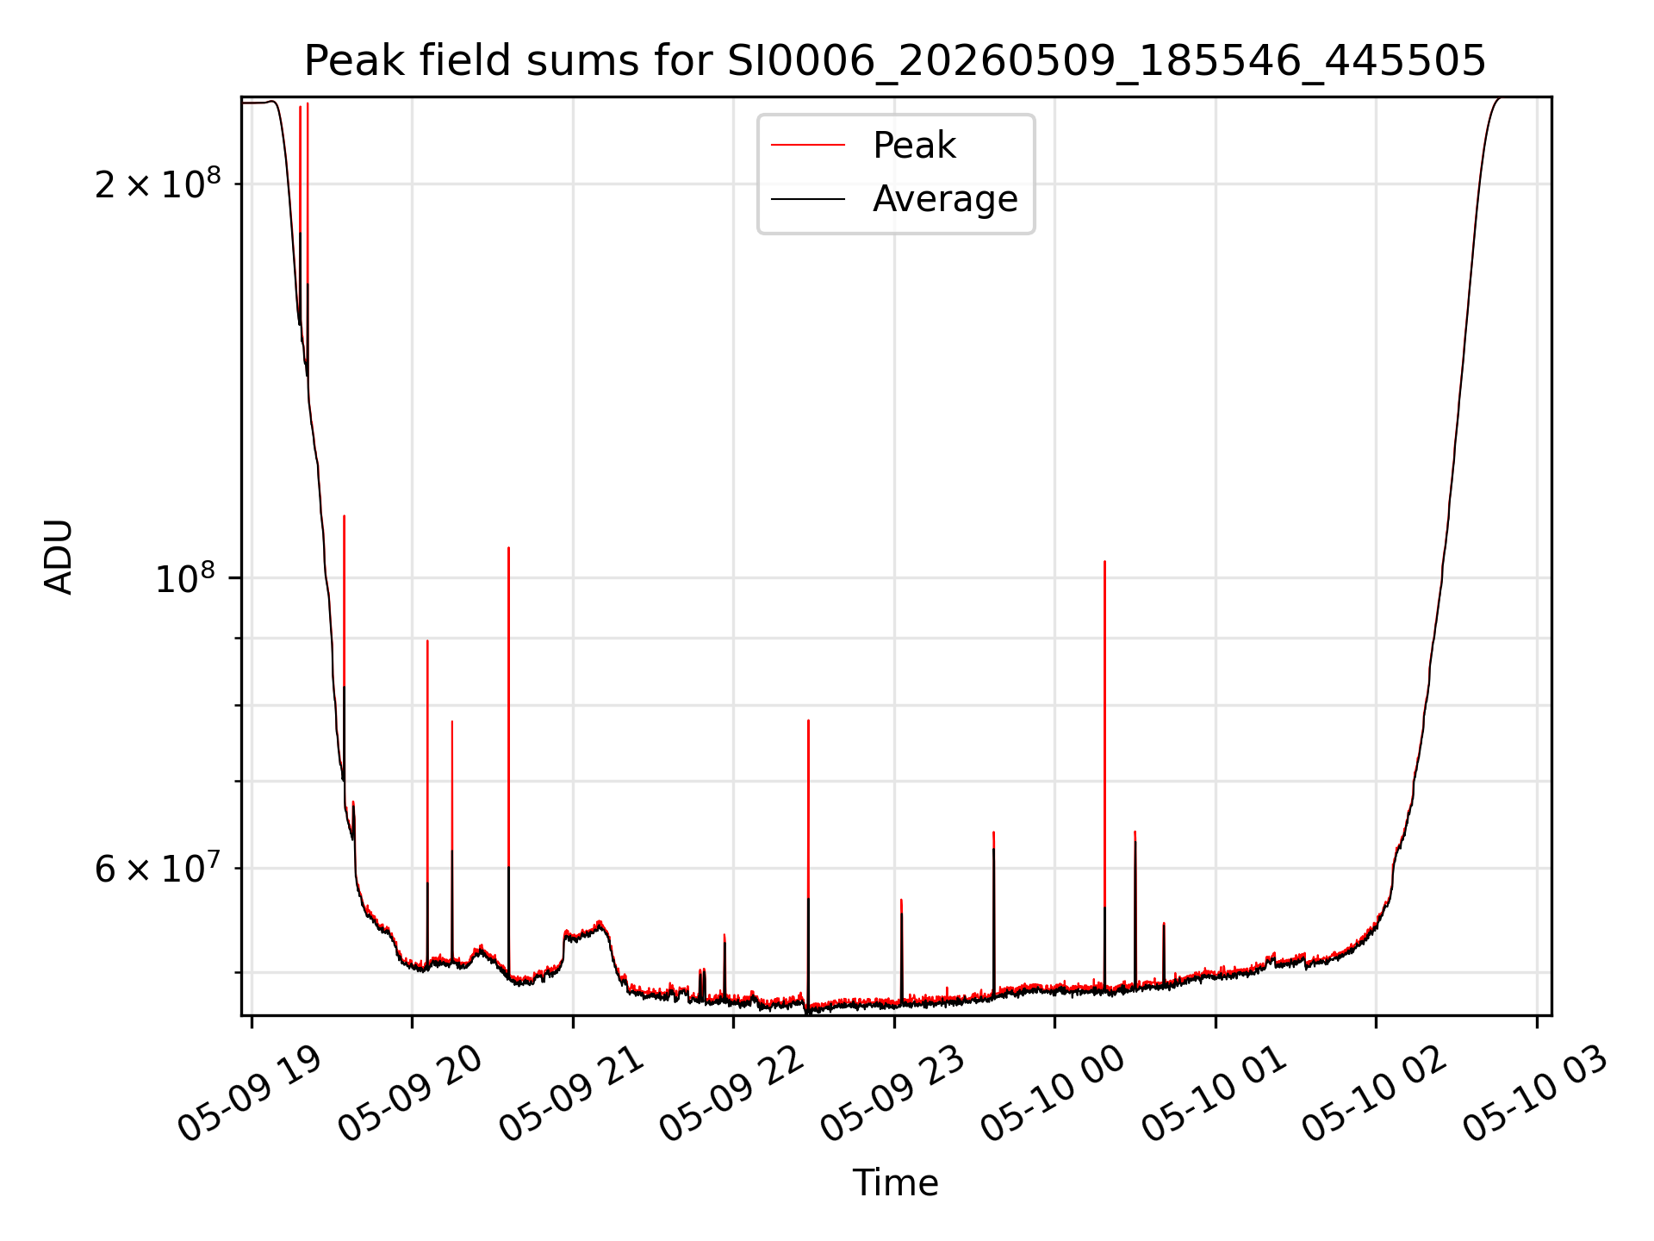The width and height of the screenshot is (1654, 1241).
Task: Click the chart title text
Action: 895,60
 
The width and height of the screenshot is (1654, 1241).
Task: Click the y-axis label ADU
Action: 59,557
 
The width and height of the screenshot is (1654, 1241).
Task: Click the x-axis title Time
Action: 895,1182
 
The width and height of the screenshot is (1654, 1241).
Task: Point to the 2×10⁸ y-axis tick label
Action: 158,183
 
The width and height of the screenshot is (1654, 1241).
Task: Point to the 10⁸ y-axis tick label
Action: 188,577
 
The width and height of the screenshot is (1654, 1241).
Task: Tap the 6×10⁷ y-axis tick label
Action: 158,868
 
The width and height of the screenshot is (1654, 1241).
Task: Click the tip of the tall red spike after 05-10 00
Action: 1104,561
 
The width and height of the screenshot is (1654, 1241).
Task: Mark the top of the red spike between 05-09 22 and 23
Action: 808,720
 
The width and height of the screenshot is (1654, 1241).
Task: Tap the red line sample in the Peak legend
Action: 807,146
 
